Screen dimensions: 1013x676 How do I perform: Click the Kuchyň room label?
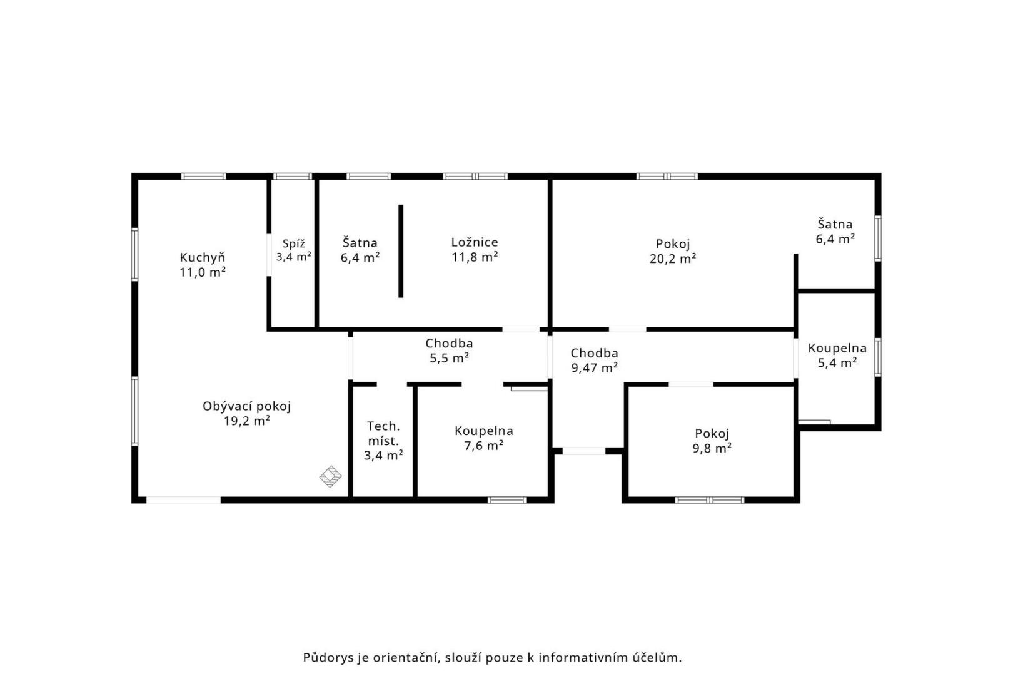click(202, 258)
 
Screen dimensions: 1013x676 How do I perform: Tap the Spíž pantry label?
click(293, 243)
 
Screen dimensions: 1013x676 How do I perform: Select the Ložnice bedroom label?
click(475, 243)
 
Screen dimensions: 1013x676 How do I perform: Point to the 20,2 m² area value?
click(672, 259)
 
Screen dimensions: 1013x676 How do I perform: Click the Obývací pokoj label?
click(246, 407)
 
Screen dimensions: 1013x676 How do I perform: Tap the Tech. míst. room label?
click(383, 433)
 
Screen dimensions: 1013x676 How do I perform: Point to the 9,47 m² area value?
click(594, 367)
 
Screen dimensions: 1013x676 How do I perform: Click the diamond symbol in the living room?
click(331, 477)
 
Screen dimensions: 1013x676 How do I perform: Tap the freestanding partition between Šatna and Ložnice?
click(401, 251)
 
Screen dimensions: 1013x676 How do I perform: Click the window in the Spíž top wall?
click(293, 176)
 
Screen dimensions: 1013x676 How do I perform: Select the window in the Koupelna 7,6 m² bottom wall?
click(507, 500)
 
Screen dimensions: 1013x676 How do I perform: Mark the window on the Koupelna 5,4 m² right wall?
click(878, 357)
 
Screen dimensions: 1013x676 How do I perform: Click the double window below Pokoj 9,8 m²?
click(710, 500)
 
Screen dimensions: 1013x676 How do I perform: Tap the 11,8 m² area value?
click(475, 257)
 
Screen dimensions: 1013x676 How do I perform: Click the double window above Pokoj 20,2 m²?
click(667, 176)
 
